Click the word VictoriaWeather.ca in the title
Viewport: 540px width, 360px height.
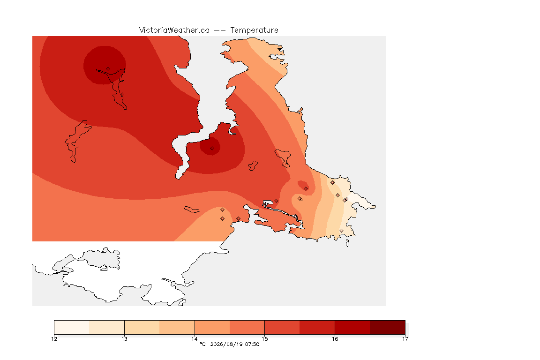(x=174, y=30)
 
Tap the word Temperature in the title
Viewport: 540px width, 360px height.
(x=254, y=30)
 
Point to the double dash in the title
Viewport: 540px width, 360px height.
(x=220, y=30)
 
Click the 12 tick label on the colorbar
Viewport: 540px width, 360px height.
(x=54, y=339)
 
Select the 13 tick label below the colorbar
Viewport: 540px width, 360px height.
(x=124, y=339)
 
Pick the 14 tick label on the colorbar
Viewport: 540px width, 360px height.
(x=195, y=339)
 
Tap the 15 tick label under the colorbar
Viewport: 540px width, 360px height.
(x=264, y=339)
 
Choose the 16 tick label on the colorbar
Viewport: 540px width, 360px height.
(x=335, y=339)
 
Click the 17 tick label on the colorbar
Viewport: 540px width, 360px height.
(x=405, y=339)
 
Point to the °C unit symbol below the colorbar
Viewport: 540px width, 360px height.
(x=202, y=344)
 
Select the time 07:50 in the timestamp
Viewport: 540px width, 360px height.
(x=252, y=344)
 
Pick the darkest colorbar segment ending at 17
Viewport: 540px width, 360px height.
(x=388, y=327)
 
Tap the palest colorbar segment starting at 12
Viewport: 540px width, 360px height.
(x=72, y=327)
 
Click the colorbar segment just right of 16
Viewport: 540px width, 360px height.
(x=352, y=327)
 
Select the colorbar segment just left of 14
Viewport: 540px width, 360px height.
(x=177, y=327)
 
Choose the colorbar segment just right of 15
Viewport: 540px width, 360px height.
(x=282, y=327)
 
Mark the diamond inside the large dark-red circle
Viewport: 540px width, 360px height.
(x=108, y=69)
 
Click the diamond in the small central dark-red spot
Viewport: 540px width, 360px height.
(x=212, y=149)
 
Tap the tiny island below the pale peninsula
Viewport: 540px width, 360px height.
(x=347, y=243)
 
